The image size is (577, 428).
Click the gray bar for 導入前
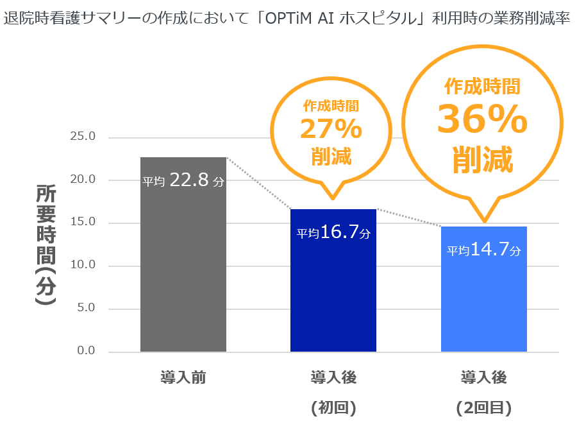pyautogui.click(x=183, y=270)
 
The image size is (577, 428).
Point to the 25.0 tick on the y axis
pyautogui.click(x=82, y=137)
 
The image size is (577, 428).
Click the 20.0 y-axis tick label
pyautogui.click(x=82, y=180)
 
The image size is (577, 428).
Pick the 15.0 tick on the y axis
pyautogui.click(x=82, y=222)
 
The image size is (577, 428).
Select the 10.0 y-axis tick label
pyautogui.click(x=82, y=265)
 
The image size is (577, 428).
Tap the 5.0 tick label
pyautogui.click(x=85, y=308)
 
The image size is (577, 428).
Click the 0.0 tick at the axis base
pyautogui.click(x=85, y=351)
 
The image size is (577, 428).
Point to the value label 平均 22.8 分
pyautogui.click(x=183, y=181)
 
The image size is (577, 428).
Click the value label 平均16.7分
pyautogui.click(x=333, y=233)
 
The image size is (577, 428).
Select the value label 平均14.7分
pyautogui.click(x=484, y=250)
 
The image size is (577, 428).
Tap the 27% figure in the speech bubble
pyautogui.click(x=331, y=130)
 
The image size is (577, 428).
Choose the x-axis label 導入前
pyautogui.click(x=183, y=378)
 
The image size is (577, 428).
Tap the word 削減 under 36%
pyautogui.click(x=482, y=159)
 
